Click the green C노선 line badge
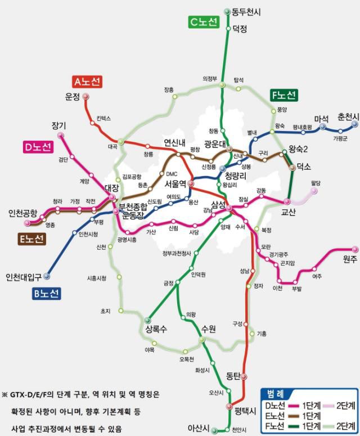pyautogui.click(x=204, y=23)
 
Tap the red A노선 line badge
pyautogui.click(x=88, y=82)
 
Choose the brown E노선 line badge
pyautogui.click(x=31, y=239)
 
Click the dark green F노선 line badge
pyautogui.click(x=283, y=95)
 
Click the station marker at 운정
pyautogui.click(x=86, y=97)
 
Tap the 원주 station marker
pyautogui.click(x=354, y=249)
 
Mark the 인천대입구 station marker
pyautogui.click(x=47, y=276)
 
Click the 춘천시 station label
pyautogui.click(x=348, y=116)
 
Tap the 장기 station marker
pyautogui.click(x=61, y=136)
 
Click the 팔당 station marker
pyautogui.click(x=314, y=191)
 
